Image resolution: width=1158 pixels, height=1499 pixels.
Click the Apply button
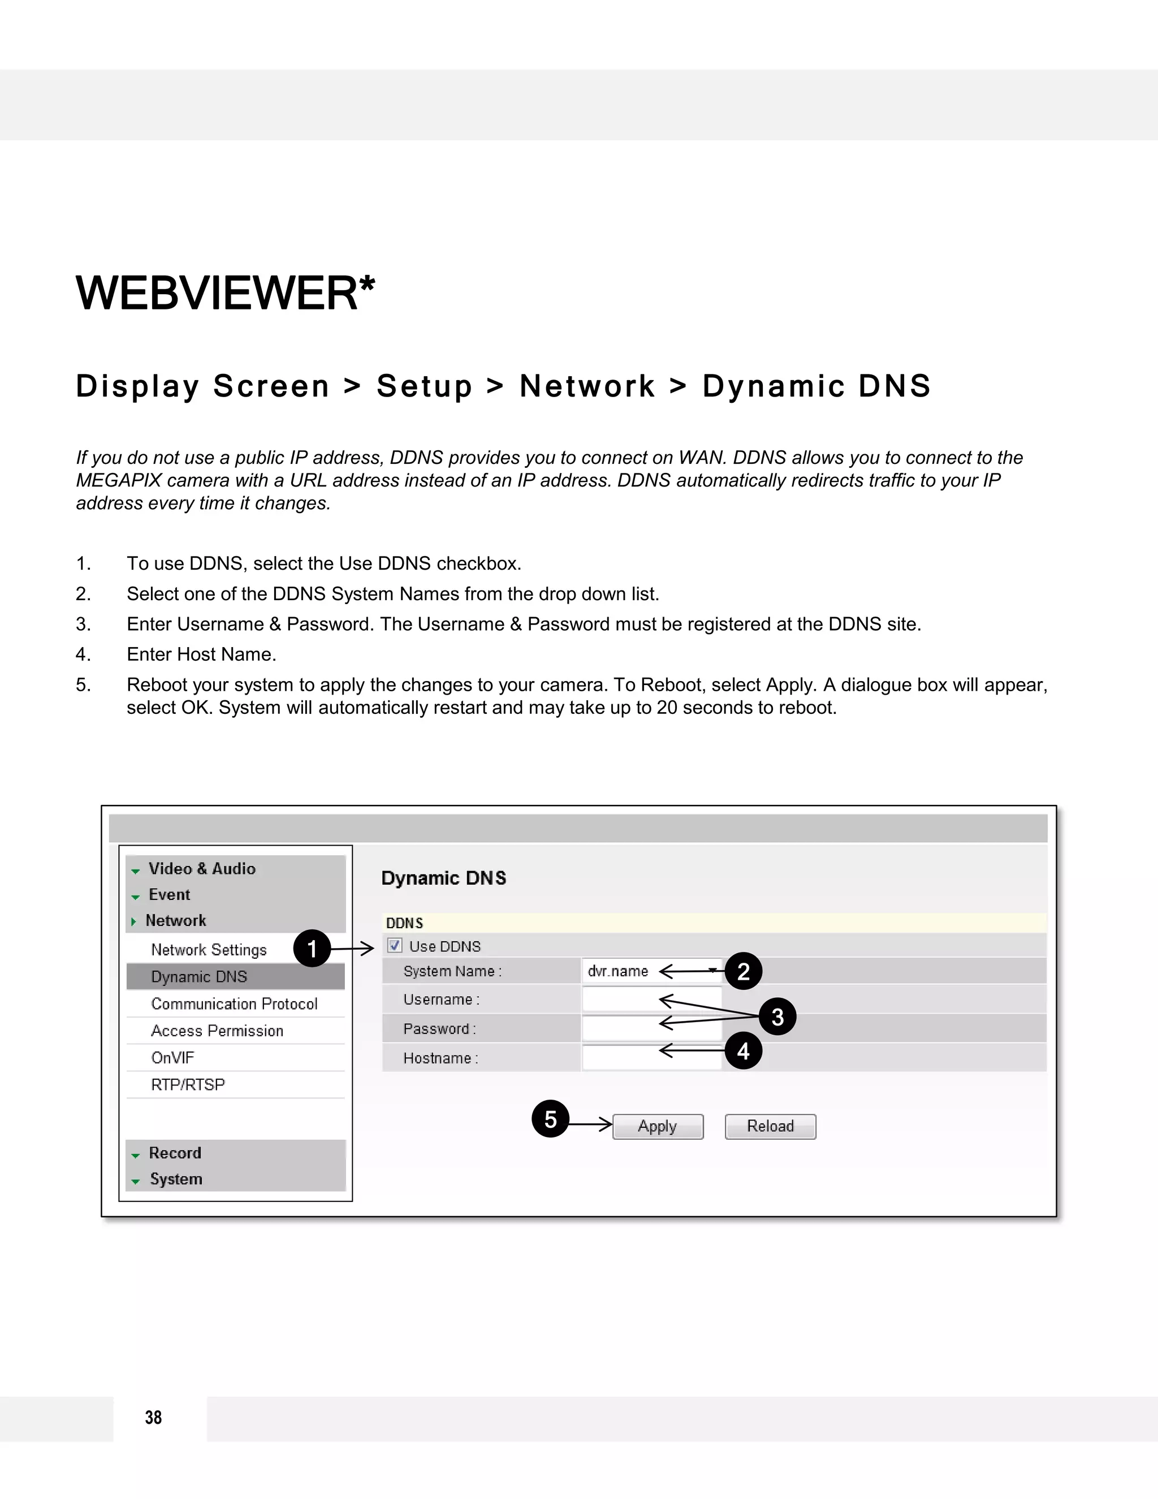[657, 1126]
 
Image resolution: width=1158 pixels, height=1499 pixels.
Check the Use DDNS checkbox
[395, 946]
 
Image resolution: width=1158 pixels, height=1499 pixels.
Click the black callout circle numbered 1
[312, 949]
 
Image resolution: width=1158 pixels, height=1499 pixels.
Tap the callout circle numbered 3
[777, 1016]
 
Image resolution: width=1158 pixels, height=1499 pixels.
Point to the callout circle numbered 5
[550, 1119]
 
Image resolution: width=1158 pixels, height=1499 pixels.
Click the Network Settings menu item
[209, 950]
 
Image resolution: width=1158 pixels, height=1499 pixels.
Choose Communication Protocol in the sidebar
[234, 1004]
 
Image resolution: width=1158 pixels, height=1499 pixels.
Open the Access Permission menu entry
[217, 1031]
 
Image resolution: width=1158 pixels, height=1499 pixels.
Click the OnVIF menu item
[173, 1058]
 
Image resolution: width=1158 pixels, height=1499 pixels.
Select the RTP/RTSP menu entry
[188, 1084]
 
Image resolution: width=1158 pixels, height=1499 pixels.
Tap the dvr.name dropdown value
[618, 971]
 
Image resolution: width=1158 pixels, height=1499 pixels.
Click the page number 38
[153, 1418]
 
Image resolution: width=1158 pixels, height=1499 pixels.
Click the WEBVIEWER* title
[225, 293]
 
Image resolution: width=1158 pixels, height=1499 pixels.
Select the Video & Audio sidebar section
[202, 869]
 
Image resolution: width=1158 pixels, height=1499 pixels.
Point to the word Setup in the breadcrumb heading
[425, 386]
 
